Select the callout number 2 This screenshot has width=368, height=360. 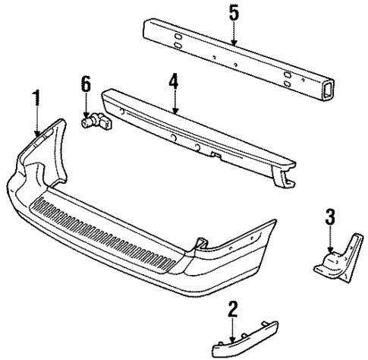pos(234,308)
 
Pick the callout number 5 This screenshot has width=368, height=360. pos(234,13)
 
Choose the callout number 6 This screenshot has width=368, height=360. pos(85,83)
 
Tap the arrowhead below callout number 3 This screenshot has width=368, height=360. pos(329,250)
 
